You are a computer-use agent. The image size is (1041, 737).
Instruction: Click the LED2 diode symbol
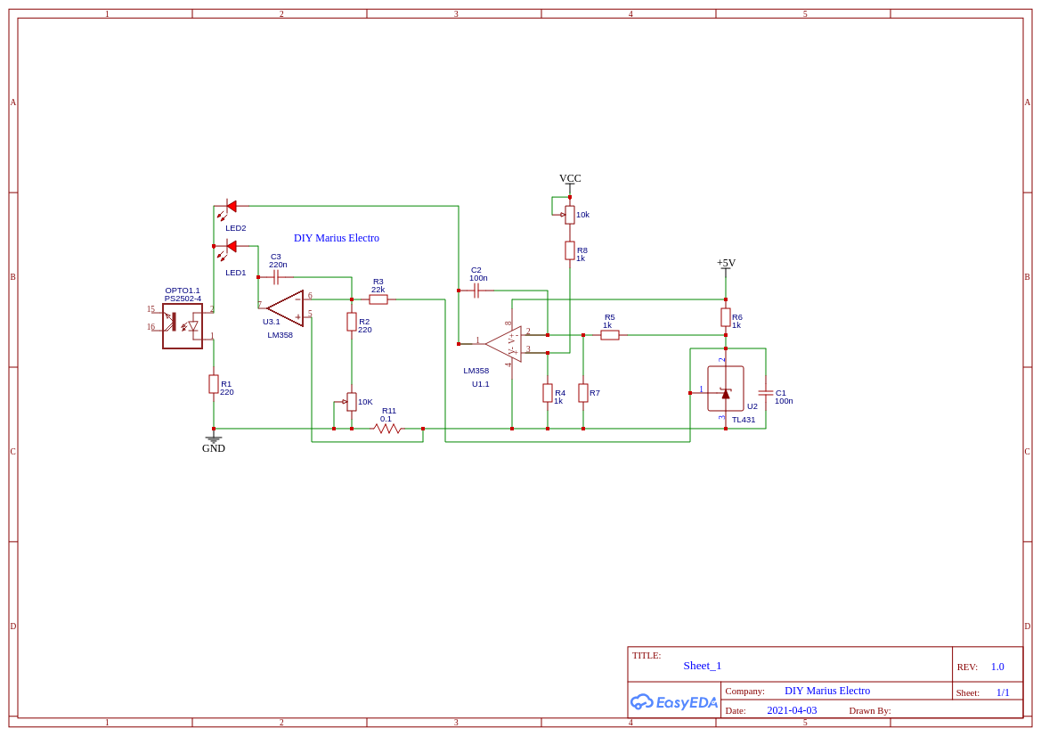click(231, 206)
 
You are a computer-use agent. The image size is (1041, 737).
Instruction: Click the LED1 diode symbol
click(231, 247)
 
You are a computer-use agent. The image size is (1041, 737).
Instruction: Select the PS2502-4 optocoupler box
click(183, 326)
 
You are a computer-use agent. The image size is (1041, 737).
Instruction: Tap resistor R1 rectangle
click(214, 384)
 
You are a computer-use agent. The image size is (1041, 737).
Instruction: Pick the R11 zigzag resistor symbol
click(387, 429)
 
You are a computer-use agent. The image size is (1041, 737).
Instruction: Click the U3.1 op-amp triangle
click(286, 308)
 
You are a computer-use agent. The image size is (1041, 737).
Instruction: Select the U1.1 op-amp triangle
click(504, 344)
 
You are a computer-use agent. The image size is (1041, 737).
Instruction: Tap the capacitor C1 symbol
click(765, 392)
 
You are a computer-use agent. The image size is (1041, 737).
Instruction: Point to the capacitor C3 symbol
click(276, 277)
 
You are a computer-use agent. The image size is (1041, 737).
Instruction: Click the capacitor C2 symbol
click(476, 291)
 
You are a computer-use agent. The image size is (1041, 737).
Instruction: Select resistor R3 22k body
click(378, 299)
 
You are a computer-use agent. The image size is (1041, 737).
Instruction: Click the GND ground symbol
click(214, 439)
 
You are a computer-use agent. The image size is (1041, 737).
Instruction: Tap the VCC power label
click(570, 178)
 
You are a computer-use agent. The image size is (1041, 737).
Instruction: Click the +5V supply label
click(726, 263)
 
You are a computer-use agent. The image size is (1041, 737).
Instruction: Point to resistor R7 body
click(583, 393)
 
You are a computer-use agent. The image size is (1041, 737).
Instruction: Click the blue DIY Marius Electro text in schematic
click(337, 238)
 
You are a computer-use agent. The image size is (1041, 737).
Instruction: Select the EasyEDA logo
click(673, 702)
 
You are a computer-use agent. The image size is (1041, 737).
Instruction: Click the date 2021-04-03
click(792, 710)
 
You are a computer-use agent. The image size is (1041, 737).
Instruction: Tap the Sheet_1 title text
click(703, 666)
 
